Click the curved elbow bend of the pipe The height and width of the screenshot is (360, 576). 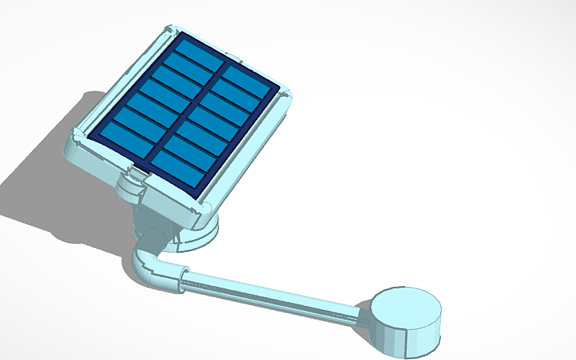pyautogui.click(x=143, y=265)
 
